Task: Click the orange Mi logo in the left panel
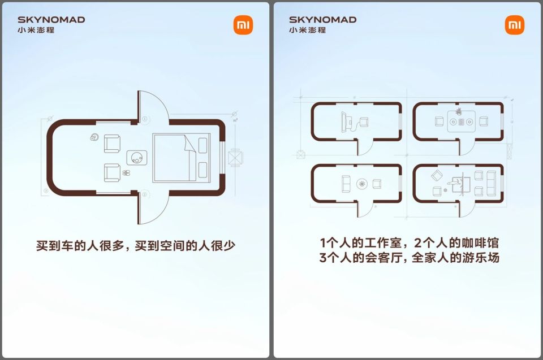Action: click(243, 25)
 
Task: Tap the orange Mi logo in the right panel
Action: click(515, 25)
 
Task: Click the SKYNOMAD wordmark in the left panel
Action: click(51, 20)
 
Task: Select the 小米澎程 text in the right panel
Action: click(308, 30)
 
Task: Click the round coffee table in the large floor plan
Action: click(137, 158)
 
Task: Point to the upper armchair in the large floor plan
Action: click(112, 144)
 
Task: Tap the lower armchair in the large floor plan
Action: click(112, 172)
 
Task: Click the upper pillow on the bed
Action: click(203, 145)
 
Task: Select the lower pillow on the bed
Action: click(203, 170)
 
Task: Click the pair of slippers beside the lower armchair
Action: click(126, 173)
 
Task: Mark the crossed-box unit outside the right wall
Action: click(235, 158)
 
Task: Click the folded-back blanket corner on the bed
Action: click(191, 144)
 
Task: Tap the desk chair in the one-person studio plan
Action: click(364, 122)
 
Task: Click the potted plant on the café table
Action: click(459, 111)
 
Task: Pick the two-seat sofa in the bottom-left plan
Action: click(346, 184)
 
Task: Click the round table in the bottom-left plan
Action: click(362, 184)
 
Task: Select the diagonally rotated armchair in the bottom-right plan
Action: click(437, 176)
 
